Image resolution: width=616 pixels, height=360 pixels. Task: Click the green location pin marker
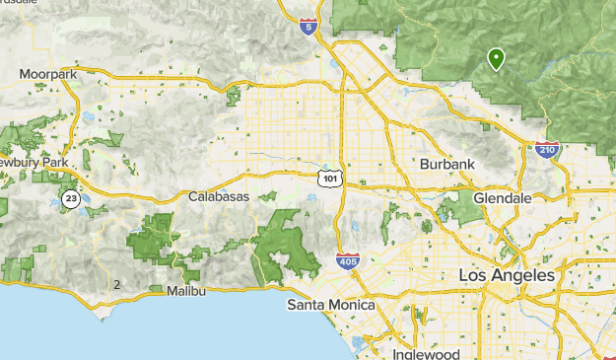coord(496,59)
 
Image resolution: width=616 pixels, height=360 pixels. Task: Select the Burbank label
coord(447,164)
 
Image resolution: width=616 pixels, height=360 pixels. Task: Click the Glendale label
coord(502,198)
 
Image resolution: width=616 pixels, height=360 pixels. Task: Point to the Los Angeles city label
coord(507,275)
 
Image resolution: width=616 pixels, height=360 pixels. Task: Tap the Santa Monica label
coord(331,306)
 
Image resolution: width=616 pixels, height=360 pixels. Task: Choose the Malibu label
coord(186,291)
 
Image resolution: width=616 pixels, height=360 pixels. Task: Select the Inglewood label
coord(426,353)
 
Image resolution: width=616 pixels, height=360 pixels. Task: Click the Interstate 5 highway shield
coord(309,26)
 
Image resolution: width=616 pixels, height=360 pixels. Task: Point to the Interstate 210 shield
coord(546,150)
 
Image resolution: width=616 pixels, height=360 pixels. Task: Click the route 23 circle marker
coord(71,198)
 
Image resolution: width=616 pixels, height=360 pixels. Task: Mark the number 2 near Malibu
coord(117,285)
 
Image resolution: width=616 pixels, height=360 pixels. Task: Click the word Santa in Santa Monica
coord(307,306)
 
